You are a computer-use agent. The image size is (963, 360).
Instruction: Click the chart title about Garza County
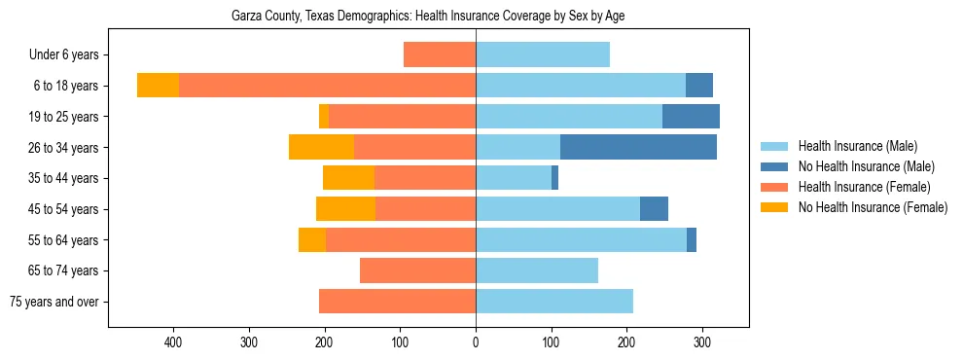434,17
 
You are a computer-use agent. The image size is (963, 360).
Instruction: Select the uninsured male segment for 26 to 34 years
638,147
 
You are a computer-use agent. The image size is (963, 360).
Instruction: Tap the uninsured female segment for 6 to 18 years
158,86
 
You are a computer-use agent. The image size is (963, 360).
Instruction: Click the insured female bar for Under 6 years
440,54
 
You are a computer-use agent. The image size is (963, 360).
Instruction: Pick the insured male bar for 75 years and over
554,302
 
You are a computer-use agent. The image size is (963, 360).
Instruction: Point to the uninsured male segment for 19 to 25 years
691,117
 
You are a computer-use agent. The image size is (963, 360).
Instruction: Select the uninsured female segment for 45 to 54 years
345,209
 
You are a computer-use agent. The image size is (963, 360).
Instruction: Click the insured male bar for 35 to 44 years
514,178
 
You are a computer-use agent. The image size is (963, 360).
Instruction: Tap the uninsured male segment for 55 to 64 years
692,240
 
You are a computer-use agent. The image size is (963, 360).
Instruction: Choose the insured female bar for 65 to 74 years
417,270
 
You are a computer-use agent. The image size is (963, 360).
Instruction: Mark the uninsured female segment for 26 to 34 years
321,147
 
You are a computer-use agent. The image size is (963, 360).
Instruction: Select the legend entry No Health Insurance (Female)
873,207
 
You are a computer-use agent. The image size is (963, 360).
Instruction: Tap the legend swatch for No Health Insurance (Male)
774,166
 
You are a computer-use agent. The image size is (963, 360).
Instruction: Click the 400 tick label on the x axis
173,342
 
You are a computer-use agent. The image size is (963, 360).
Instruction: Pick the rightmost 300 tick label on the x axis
702,342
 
